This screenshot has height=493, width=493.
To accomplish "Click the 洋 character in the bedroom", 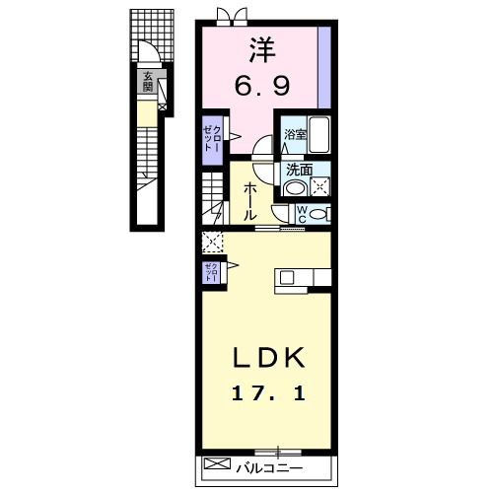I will point(260,48).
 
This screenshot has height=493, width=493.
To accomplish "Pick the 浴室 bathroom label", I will point(295,134).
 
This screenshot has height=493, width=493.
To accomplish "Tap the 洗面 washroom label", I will point(300,168).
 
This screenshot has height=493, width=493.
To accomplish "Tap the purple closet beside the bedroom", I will point(213,138).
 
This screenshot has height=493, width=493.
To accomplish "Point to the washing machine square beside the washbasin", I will point(321,184).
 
